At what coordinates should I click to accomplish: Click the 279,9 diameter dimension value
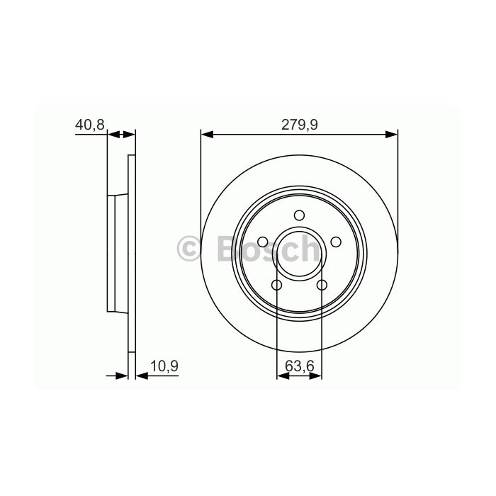(300, 125)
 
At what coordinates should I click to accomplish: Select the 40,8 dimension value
(89, 125)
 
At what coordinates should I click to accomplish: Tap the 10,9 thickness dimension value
(164, 366)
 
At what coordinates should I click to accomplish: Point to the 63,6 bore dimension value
(299, 366)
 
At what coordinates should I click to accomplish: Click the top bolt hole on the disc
(299, 215)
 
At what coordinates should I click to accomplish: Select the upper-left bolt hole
(263, 242)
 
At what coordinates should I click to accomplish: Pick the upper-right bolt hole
(336, 242)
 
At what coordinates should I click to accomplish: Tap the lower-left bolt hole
(277, 285)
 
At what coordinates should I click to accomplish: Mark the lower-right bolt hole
(322, 285)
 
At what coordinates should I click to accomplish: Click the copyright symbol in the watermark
(189, 249)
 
